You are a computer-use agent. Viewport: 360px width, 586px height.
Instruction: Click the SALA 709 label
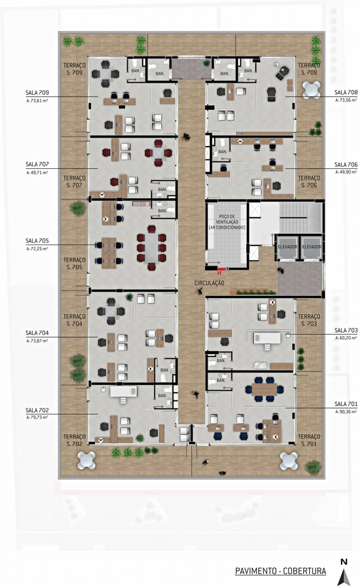[37, 92]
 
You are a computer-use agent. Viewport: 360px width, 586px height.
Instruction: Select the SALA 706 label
[346, 164]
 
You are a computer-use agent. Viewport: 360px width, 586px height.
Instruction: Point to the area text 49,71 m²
[37, 173]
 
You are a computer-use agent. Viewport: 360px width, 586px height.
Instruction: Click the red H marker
[220, 273]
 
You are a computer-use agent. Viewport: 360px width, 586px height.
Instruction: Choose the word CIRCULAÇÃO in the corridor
[209, 283]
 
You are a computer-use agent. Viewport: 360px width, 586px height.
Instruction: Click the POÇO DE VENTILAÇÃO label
[227, 222]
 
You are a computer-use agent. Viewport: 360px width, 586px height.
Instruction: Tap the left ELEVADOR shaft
[287, 247]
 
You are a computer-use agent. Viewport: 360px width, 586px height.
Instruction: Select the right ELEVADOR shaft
[312, 247]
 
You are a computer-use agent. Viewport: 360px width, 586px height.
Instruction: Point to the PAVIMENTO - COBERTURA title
[281, 571]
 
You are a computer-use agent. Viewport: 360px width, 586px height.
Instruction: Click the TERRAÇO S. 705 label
[74, 263]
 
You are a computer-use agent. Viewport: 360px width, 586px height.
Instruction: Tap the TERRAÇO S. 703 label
[309, 320]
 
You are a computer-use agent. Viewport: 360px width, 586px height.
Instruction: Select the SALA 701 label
[346, 404]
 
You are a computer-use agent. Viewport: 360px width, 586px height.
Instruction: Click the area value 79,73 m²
[37, 417]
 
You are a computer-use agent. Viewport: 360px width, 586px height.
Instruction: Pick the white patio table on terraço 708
[311, 90]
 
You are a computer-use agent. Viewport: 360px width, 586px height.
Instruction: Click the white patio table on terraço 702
[87, 460]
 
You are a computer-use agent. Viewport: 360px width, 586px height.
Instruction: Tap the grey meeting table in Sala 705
[151, 247]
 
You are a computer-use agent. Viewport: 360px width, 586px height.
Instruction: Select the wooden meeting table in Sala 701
[264, 389]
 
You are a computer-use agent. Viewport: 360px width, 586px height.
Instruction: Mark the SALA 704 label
[37, 333]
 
